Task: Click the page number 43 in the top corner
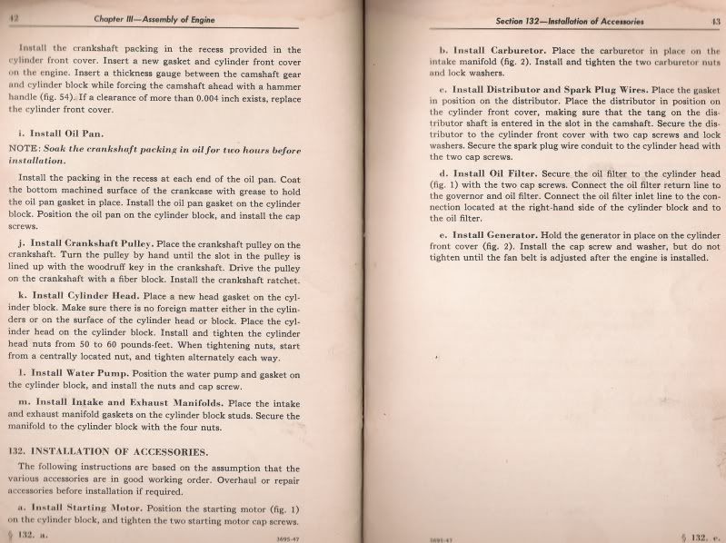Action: click(703, 20)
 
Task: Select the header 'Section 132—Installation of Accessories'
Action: click(557, 20)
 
